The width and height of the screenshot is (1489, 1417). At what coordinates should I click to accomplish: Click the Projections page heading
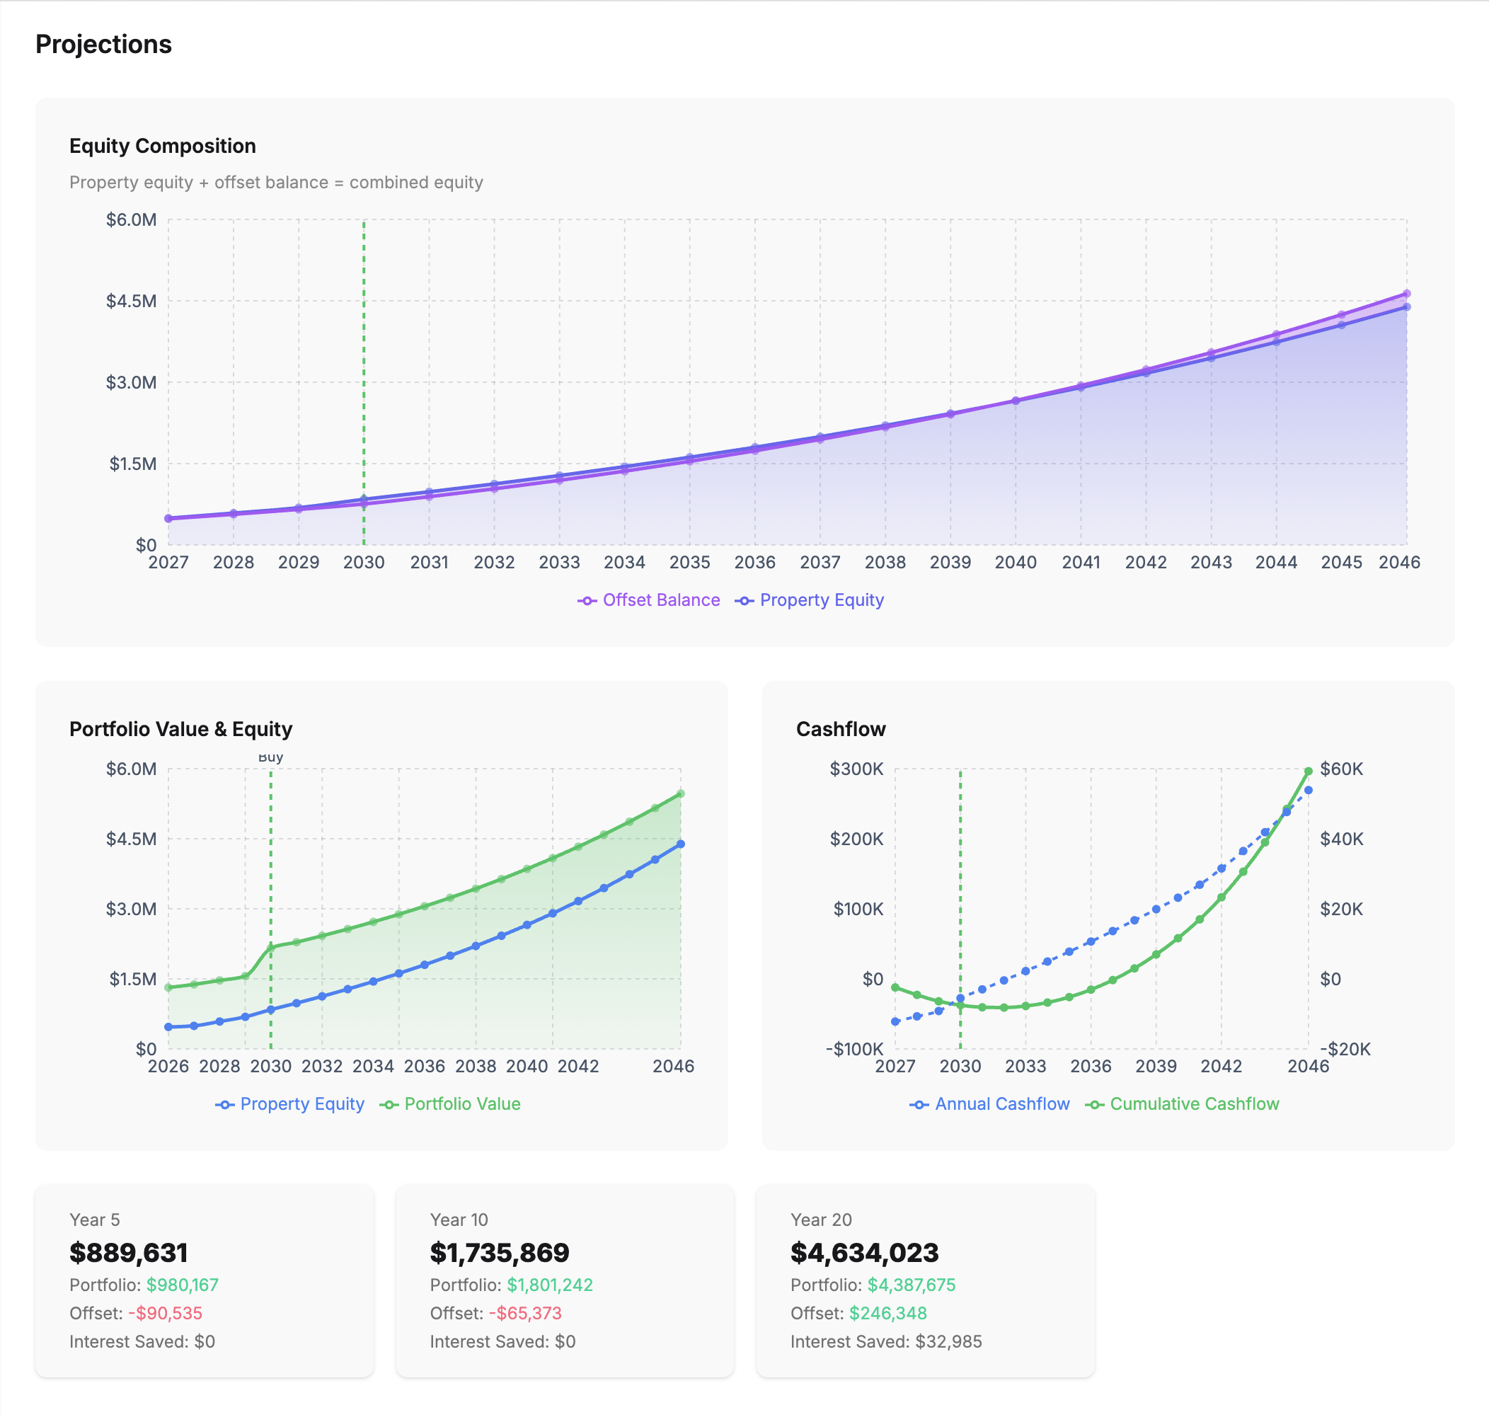point(103,45)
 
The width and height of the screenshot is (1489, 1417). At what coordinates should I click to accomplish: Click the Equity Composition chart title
point(162,146)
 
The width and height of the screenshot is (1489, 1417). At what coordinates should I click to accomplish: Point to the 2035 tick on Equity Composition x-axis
point(689,562)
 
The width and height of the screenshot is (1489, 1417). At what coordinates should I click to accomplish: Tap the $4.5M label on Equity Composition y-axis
point(132,302)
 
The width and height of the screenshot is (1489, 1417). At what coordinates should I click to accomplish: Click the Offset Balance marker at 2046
point(1406,294)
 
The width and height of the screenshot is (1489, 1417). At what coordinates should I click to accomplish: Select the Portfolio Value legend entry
point(451,1103)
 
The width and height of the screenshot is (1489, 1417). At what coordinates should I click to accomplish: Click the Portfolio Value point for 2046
point(680,794)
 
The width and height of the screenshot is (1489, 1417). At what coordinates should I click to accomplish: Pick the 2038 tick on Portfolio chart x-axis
point(476,1066)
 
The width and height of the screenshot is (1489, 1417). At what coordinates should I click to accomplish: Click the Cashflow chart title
point(841,729)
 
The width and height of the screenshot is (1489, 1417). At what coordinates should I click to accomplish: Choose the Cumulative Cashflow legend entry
point(1183,1103)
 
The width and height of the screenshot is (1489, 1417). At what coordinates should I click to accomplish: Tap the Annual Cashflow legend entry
point(990,1103)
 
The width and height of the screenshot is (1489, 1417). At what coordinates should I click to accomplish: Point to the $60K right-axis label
point(1341,769)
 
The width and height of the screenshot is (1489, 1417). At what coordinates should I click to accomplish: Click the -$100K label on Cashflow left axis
point(854,1049)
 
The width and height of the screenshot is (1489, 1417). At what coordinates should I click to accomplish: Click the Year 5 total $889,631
point(128,1252)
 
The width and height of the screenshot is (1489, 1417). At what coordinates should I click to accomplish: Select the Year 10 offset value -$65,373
point(525,1313)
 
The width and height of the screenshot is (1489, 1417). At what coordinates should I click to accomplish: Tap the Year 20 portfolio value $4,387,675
point(911,1285)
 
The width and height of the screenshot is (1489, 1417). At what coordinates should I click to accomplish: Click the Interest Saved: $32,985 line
point(886,1341)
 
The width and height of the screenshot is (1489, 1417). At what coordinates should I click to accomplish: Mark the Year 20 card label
point(821,1220)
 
